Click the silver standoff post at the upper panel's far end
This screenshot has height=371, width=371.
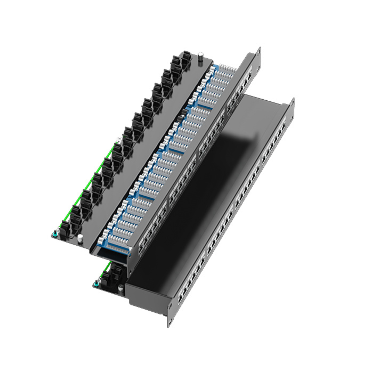(x=200, y=57)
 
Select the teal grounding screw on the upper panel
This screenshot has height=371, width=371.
(x=55, y=234)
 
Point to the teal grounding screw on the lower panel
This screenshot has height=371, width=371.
(x=97, y=283)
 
